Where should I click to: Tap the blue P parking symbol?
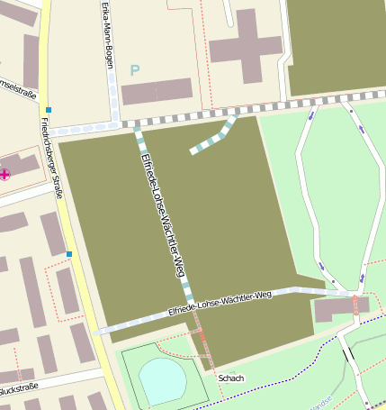point(135,69)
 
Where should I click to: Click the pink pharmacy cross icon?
point(4,174)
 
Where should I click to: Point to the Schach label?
point(231,378)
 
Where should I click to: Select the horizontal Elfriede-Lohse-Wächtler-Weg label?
point(220,303)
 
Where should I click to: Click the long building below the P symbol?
point(157,91)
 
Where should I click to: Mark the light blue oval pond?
point(163,380)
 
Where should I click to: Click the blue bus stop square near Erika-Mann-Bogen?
point(49,110)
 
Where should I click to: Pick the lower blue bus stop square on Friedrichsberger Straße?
point(68,254)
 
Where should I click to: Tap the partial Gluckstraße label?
point(16,390)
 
